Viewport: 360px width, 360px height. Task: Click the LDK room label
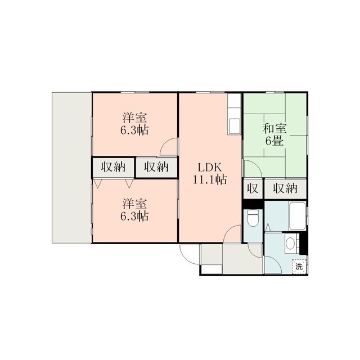pos(210,168)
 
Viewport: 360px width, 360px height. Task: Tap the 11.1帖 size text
pos(210,179)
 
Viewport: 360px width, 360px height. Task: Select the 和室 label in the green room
pos(275,129)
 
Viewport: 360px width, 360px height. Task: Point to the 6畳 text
pos(274,141)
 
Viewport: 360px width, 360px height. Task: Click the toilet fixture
pos(253,218)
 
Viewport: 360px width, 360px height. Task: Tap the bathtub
pos(298,216)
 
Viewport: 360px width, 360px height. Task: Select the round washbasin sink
pos(290,243)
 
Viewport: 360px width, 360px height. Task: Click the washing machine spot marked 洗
pos(299,267)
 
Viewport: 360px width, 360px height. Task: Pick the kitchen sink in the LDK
pos(235,126)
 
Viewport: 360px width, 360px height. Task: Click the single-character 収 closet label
pos(253,188)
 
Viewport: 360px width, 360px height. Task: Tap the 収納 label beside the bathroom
pos(285,188)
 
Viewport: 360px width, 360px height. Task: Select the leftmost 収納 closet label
pos(113,167)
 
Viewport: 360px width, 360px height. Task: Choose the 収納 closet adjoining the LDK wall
pos(156,167)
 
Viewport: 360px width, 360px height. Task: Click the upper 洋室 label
pos(134,118)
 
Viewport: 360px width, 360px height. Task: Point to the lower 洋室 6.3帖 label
pos(134,210)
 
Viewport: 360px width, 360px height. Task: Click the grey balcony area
pos(72,168)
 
